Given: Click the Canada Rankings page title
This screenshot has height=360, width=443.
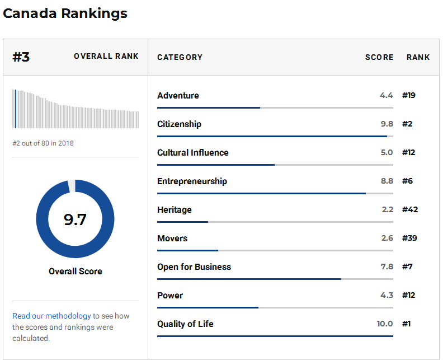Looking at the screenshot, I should click(x=65, y=13).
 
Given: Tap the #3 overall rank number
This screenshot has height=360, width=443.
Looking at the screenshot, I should click(x=21, y=57).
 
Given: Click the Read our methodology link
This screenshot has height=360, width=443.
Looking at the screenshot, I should click(x=51, y=316).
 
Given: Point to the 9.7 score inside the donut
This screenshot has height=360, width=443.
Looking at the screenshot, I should click(x=75, y=219).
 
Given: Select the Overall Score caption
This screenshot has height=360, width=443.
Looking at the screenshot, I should click(x=75, y=272).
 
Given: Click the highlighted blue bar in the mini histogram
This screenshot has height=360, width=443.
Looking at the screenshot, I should click(x=16, y=109).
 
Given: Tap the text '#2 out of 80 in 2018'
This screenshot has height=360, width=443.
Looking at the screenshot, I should click(x=43, y=143).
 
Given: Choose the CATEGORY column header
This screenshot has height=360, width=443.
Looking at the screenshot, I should click(x=180, y=57).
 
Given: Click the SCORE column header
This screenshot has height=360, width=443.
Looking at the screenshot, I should click(x=379, y=57).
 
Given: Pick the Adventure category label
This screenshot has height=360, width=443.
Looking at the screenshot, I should click(x=178, y=96).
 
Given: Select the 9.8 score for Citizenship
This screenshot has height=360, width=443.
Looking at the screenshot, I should click(x=387, y=124).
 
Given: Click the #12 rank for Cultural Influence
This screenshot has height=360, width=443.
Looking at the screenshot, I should click(x=409, y=153).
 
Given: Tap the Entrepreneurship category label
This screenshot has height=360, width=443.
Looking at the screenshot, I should click(x=192, y=181).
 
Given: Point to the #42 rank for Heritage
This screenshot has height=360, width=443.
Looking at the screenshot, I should click(x=410, y=210).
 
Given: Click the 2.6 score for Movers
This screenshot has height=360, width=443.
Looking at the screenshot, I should click(x=387, y=239).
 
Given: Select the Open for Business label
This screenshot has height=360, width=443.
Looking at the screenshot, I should click(x=194, y=267).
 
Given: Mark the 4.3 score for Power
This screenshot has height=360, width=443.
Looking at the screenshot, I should click(x=387, y=296).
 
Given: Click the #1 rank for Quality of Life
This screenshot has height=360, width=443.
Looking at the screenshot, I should click(x=407, y=324).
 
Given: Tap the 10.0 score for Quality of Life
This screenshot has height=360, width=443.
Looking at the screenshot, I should click(x=385, y=324).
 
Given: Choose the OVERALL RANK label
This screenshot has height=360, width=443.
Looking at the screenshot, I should click(x=106, y=57).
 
